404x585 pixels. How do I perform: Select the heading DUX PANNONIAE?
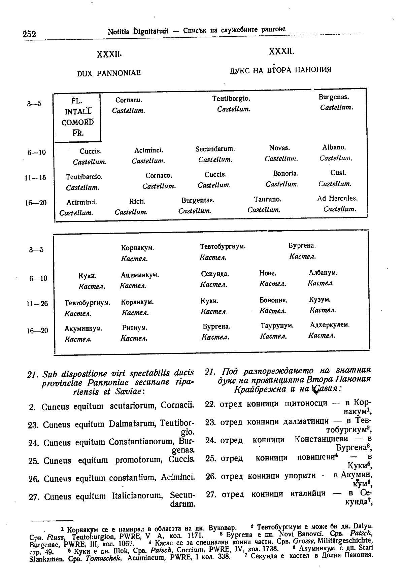click(x=109, y=73)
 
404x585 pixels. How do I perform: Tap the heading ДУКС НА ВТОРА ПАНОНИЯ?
click(x=280, y=70)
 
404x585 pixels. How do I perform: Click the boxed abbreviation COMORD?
click(x=77, y=122)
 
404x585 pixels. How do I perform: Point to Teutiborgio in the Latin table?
click(x=231, y=99)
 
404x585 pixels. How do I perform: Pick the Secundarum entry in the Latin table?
click(x=215, y=149)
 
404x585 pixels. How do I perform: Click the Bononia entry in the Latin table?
click(x=285, y=174)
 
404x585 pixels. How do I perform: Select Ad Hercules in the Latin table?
click(x=337, y=199)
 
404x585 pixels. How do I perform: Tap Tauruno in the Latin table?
click(x=268, y=199)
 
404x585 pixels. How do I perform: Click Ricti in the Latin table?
click(x=137, y=202)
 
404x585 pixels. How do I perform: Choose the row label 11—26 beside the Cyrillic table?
click(x=37, y=304)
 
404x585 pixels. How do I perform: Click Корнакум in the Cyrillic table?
click(x=137, y=248)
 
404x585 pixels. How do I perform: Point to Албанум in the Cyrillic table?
click(x=323, y=273)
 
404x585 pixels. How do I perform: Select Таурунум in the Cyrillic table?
click(x=277, y=326)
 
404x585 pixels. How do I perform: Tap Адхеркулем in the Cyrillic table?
click(x=330, y=325)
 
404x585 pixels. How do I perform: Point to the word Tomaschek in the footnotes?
click(x=99, y=567)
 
